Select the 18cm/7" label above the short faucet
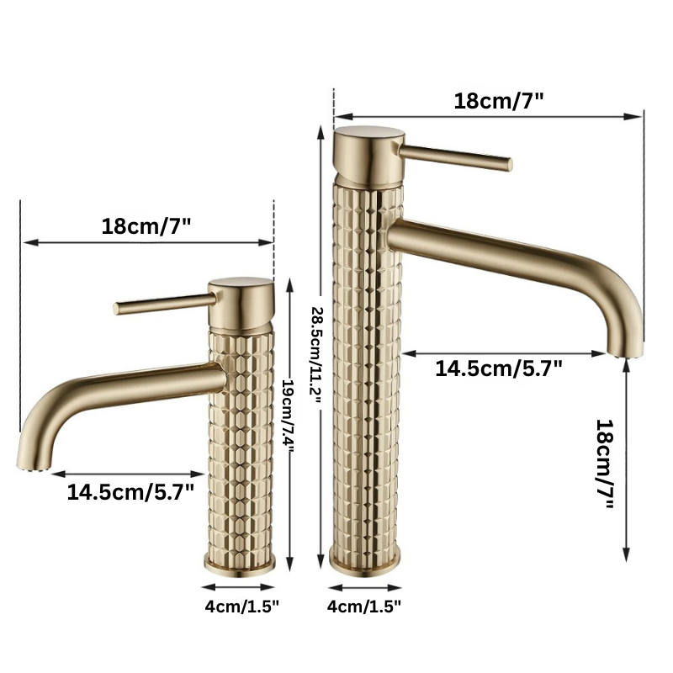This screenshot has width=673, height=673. point(146,226)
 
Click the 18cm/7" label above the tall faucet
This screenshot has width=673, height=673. point(499,101)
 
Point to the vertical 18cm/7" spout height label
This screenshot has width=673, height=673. point(606,464)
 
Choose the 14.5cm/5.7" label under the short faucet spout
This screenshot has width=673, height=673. point(130,492)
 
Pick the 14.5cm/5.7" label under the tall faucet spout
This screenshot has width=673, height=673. point(499,368)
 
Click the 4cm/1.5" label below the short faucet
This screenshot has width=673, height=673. point(242,607)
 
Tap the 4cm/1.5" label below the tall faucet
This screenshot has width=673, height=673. point(364,607)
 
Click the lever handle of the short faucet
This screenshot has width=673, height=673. point(164,303)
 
